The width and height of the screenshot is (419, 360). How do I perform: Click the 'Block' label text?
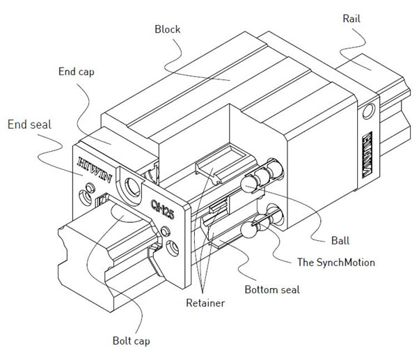pos(167,30)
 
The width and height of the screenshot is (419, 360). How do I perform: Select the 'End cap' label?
pos(79,72)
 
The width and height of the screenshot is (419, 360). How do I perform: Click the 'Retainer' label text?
pos(206,304)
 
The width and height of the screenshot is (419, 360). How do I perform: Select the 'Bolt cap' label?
pos(132,342)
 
